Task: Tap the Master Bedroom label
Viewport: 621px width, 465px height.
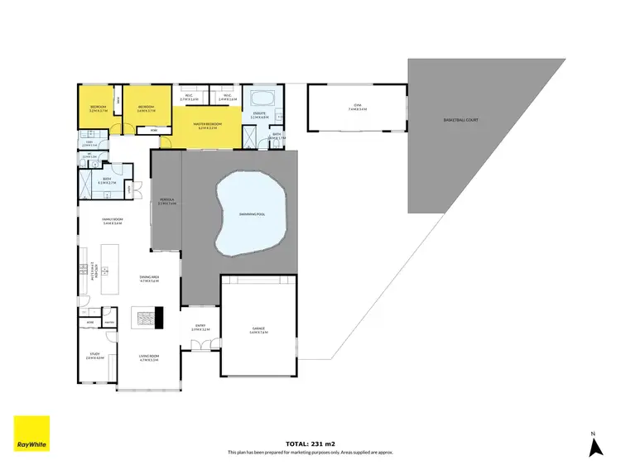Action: click(x=205, y=126)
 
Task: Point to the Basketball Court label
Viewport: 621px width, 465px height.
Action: click(x=460, y=120)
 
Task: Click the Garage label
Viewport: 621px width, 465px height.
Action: click(x=258, y=330)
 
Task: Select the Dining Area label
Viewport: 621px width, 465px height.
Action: click(x=149, y=278)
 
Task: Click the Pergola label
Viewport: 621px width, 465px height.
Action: click(x=166, y=201)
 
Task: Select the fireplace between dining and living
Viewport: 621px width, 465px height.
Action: click(x=150, y=316)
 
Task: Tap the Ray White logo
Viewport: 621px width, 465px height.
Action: click(x=31, y=434)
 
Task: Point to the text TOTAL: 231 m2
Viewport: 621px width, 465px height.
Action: click(x=310, y=444)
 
